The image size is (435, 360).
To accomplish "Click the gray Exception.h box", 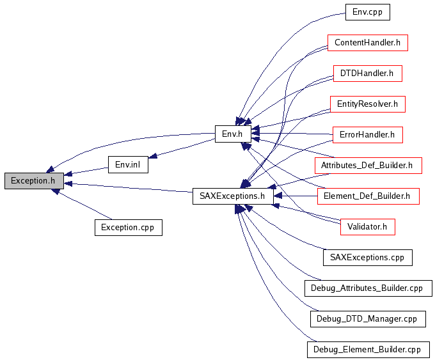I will coord(34,181).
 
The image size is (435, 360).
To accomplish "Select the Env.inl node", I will coord(128,165).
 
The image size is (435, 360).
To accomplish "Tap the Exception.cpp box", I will coord(128,227).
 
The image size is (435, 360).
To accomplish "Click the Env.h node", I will coord(232,134).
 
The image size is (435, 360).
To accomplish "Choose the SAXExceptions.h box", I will coord(233,196).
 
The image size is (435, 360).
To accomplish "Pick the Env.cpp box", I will coord(367,12).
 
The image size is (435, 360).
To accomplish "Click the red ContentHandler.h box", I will coord(367,43).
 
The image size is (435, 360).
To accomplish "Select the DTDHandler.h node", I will coord(367,74).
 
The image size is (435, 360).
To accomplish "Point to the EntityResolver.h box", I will coord(368,104).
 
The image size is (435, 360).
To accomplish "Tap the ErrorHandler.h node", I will coord(367,135).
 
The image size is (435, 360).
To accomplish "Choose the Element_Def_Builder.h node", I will coord(368,196).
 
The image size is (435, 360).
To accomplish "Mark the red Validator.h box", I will coord(367,226).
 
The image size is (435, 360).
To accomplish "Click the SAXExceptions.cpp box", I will coord(367,257).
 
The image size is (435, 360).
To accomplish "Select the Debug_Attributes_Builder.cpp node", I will coord(368,288).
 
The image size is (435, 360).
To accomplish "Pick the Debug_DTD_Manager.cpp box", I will coord(367,318).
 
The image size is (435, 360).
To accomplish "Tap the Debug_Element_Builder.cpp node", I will coord(368,350).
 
